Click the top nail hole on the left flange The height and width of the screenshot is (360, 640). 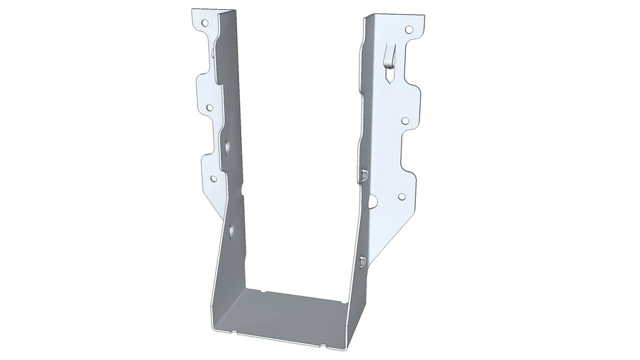pos(205,22)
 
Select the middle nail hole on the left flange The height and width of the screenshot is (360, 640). pos(209,108)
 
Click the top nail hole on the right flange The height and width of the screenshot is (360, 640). pos(409,30)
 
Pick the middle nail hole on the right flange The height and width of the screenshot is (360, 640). pos(405,120)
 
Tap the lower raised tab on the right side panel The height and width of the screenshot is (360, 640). pos(361,261)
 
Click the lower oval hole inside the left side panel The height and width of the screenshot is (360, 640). pos(230,229)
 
